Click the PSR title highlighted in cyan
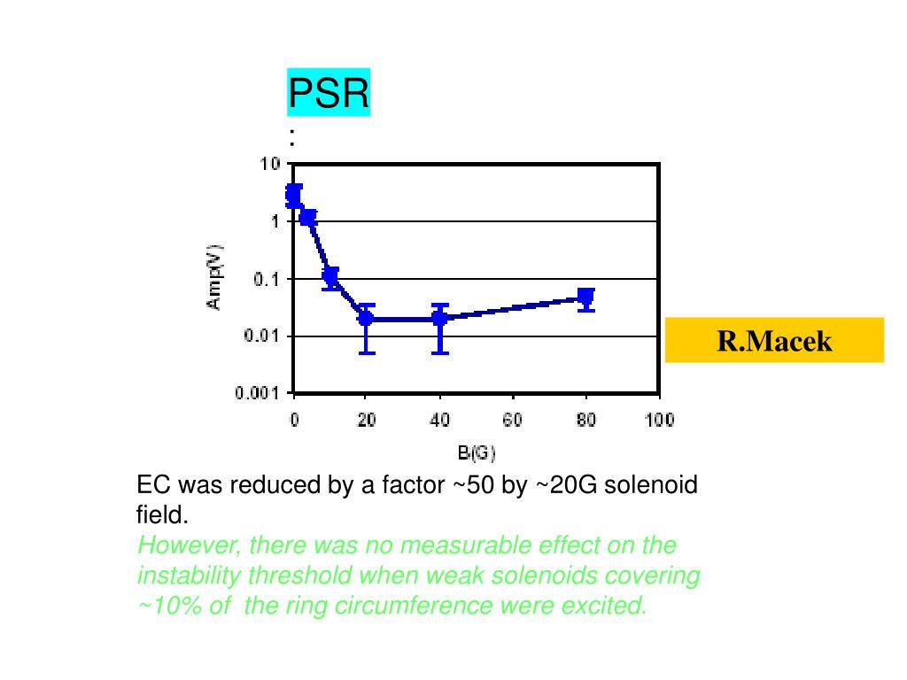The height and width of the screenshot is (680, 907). point(328,93)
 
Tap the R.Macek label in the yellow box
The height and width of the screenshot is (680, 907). point(774,341)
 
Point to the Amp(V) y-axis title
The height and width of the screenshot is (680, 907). point(215,277)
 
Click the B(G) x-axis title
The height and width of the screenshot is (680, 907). point(477,453)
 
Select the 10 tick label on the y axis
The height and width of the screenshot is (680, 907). point(269,165)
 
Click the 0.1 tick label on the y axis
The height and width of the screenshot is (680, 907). point(266,279)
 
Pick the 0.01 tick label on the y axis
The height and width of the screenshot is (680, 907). point(261,336)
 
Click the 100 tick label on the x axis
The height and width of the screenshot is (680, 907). point(659,421)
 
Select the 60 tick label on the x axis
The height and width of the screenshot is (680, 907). point(512,421)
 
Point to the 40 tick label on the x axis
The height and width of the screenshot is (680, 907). point(439,421)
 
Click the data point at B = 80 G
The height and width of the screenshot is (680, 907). point(585,297)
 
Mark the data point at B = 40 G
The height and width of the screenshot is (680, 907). point(439,318)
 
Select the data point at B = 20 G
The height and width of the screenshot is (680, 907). point(366,318)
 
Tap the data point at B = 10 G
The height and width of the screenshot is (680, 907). point(330,276)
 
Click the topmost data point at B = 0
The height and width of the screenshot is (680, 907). point(294,192)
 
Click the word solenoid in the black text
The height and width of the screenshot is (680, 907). point(651,485)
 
